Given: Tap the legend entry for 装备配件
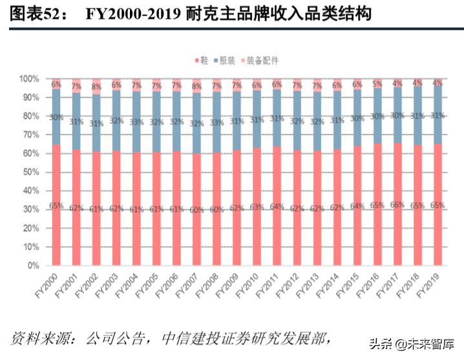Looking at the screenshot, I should [x=262, y=60].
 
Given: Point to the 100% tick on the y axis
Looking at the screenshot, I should [x=30, y=79].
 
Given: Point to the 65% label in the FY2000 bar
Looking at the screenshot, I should [x=57, y=206].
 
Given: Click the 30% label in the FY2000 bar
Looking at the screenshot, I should [x=57, y=117].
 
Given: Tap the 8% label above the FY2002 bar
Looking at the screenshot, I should [x=96, y=87].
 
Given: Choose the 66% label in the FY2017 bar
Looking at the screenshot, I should [x=396, y=204].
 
